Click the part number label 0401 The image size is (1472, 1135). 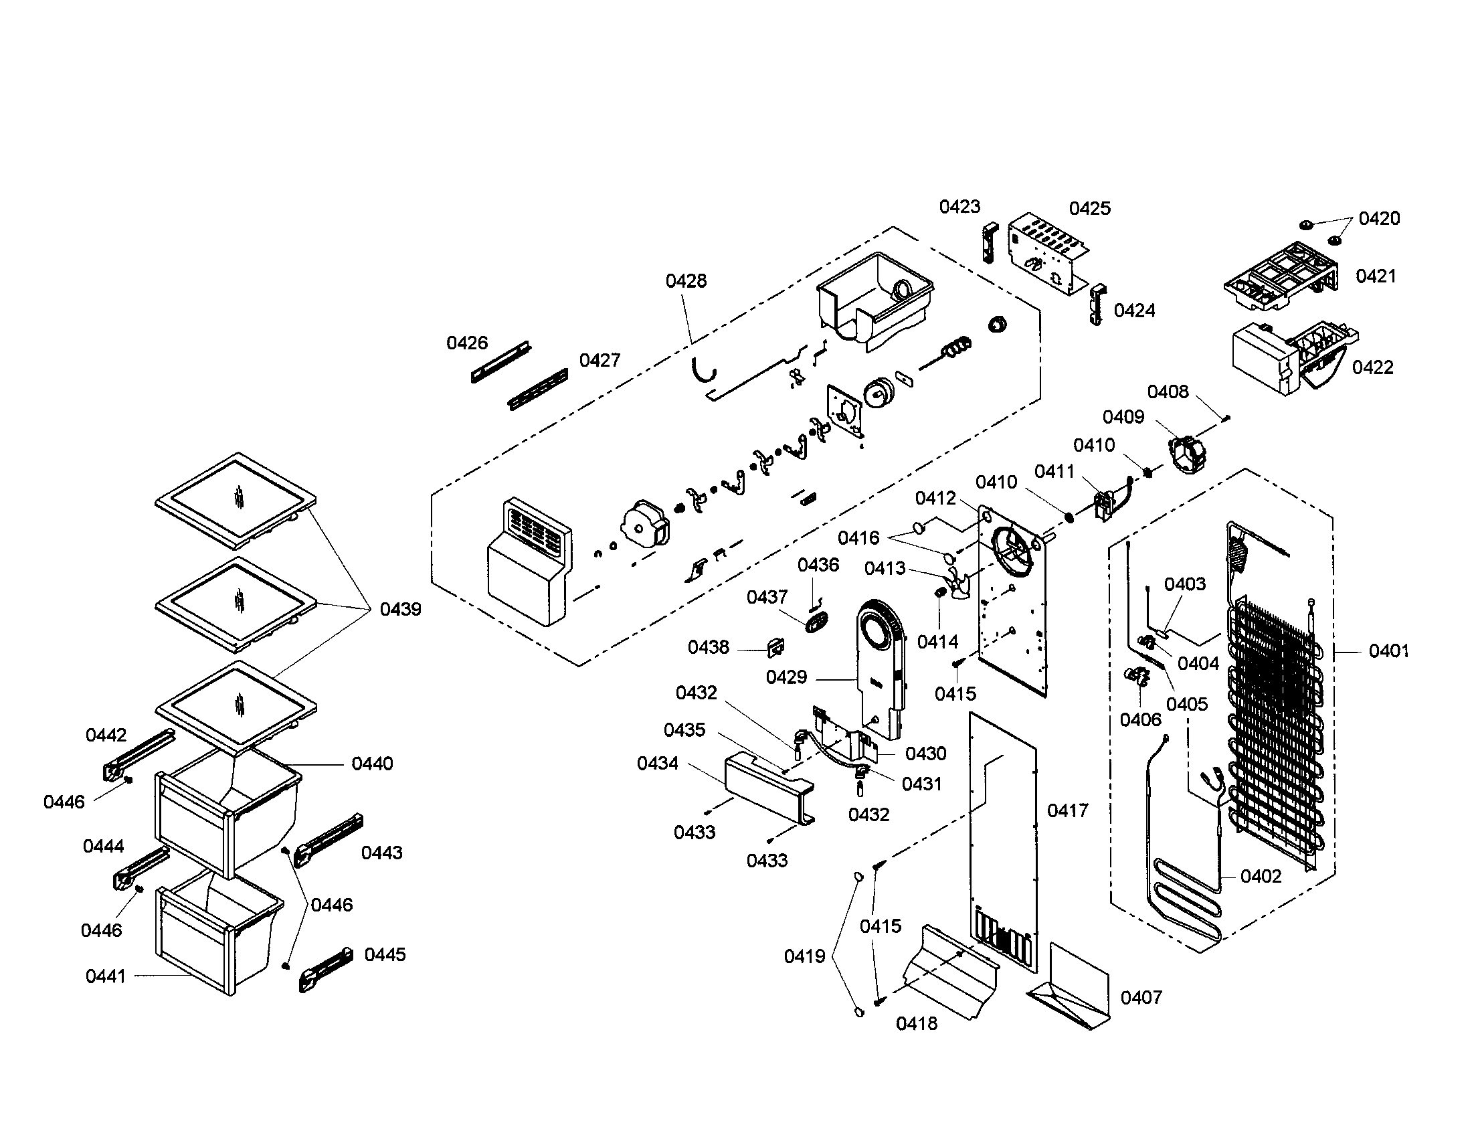click(1388, 651)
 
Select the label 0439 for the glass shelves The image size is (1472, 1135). click(400, 609)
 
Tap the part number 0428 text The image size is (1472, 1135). click(686, 281)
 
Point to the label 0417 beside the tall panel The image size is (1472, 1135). click(1068, 810)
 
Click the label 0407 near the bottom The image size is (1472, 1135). click(1141, 998)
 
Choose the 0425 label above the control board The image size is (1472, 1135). click(1090, 208)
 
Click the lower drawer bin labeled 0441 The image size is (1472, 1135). click(215, 937)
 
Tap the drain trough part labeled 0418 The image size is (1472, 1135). click(950, 970)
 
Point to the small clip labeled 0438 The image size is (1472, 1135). click(775, 647)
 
